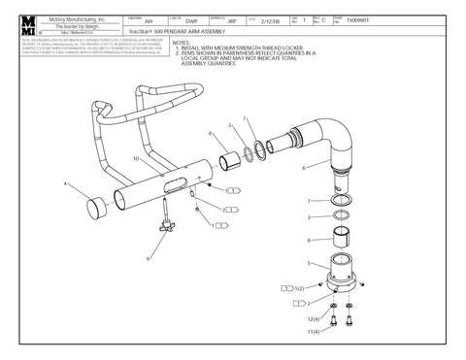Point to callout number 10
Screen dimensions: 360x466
coord(135,157)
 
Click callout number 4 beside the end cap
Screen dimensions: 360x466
coord(65,182)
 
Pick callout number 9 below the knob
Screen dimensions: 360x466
coord(149,259)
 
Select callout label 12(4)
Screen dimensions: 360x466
coord(310,318)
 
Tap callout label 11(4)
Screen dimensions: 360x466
coord(310,333)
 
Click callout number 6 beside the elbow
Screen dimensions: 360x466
coord(304,167)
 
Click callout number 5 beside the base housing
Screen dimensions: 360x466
coord(310,263)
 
